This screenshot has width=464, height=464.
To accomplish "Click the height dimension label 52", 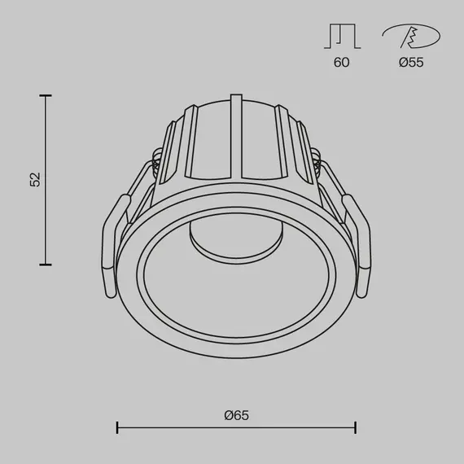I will tap(34, 180).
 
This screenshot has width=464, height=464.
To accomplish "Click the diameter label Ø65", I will tap(236, 415).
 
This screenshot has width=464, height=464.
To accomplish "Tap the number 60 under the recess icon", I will tap(341, 63).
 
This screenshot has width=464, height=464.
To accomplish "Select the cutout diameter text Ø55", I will tap(411, 63).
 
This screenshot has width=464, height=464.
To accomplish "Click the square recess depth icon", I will tap(341, 36).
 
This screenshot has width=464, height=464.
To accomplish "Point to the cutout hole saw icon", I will tap(411, 37).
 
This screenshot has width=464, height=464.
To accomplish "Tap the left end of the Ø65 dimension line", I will tap(118, 427).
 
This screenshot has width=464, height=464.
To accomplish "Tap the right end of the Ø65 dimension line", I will tap(355, 427).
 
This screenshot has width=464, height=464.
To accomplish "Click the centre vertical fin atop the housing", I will tap(237, 134).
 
